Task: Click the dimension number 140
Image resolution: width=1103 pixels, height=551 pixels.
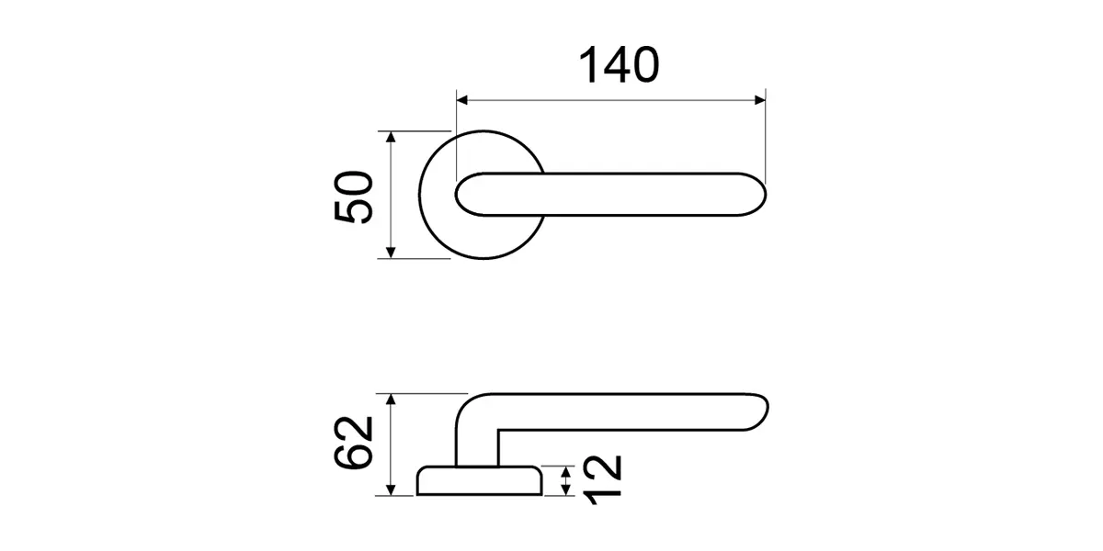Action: point(619,64)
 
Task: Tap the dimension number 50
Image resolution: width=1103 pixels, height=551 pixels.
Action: point(354,197)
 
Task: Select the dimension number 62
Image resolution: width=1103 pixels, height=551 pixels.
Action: point(353,443)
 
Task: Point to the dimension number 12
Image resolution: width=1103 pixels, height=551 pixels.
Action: point(603,479)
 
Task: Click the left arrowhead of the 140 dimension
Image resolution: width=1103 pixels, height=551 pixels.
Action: point(461,100)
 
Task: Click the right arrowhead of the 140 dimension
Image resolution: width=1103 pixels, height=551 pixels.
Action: point(760,100)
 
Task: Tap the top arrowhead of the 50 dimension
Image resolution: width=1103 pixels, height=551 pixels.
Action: point(391,137)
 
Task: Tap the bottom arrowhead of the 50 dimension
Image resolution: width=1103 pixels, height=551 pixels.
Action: point(391,253)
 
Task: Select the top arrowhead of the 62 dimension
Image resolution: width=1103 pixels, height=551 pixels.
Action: point(391,399)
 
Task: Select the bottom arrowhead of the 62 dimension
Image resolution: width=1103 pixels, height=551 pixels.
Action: point(391,490)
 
